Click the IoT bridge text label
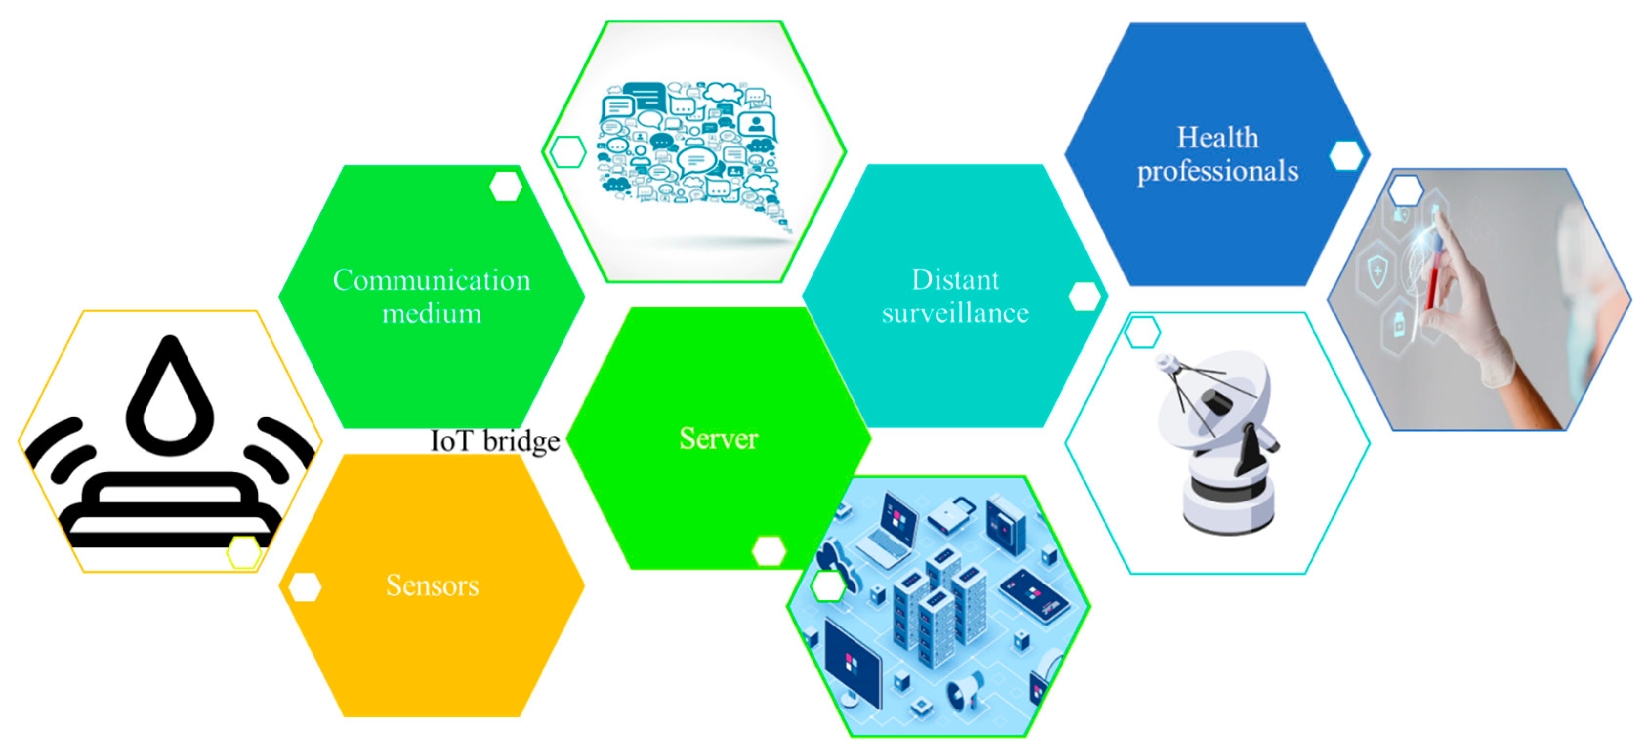tap(495, 441)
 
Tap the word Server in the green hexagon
tap(718, 438)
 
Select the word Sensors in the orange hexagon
tap(432, 585)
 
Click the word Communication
tap(432, 280)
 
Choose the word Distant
tap(955, 280)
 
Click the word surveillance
tap(955, 313)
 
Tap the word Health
tap(1217, 137)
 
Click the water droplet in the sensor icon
tap(169, 399)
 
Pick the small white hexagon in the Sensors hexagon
tap(304, 587)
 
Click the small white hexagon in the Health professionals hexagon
tap(1345, 155)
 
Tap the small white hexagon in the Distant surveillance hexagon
tap(1084, 296)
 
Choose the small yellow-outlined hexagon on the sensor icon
tap(244, 552)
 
